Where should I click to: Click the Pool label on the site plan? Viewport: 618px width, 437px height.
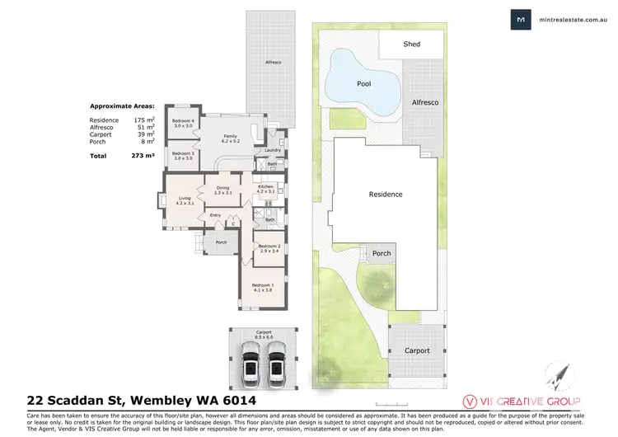pyautogui.click(x=363, y=84)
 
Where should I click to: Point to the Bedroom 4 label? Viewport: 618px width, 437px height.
pyautogui.click(x=183, y=122)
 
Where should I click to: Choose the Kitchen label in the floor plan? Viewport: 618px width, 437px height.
pyautogui.click(x=265, y=188)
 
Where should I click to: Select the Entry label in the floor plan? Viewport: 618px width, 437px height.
pyautogui.click(x=216, y=215)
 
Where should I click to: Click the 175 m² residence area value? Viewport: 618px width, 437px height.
pyautogui.click(x=147, y=120)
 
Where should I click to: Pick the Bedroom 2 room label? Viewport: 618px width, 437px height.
pyautogui.click(x=269, y=248)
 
